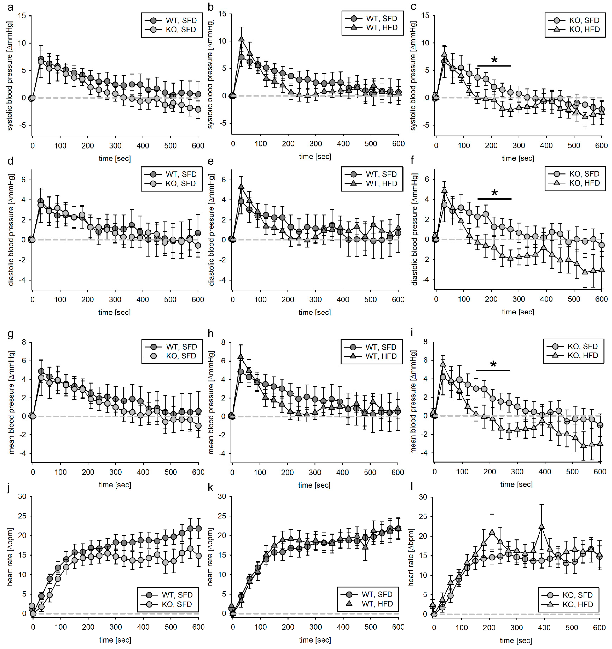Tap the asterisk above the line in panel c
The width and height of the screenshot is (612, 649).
pos(494,60)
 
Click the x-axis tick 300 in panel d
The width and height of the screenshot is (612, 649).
pos(115,299)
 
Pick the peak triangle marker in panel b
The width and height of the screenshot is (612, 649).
pos(241,39)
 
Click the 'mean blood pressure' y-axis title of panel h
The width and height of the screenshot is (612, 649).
pos(211,402)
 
